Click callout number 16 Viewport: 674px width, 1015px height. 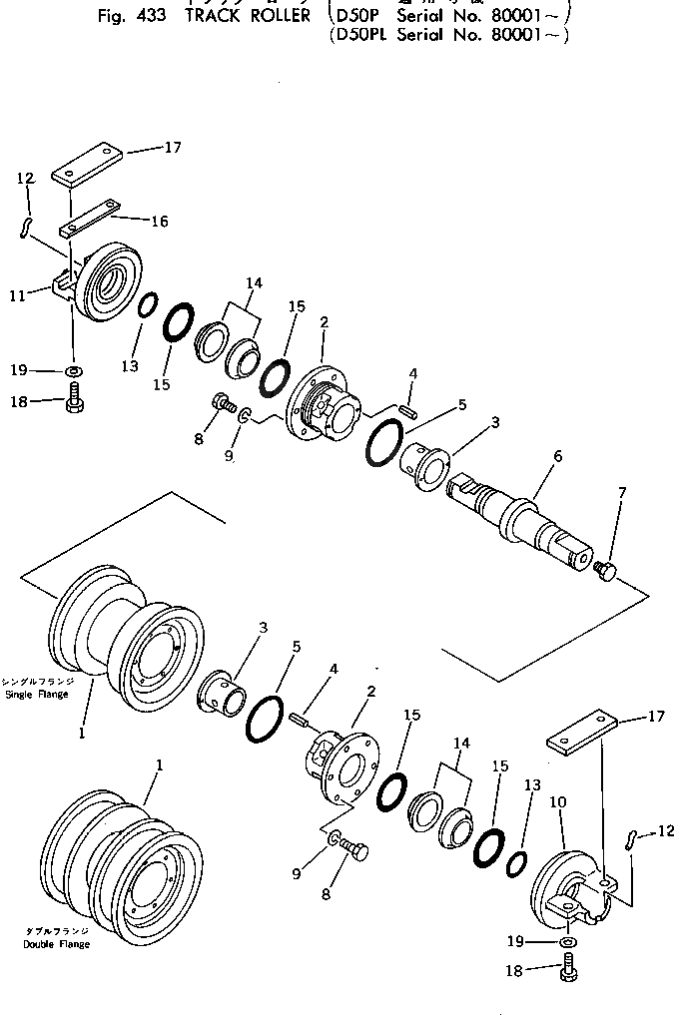pyautogui.click(x=159, y=222)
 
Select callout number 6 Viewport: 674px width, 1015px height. pyautogui.click(x=557, y=456)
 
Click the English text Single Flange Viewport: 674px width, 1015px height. pyautogui.click(x=37, y=694)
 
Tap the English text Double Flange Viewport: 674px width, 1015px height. pyautogui.click(x=56, y=944)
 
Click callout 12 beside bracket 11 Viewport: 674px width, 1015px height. pyautogui.click(x=26, y=179)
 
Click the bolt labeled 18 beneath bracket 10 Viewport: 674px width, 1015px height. pyautogui.click(x=568, y=968)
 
